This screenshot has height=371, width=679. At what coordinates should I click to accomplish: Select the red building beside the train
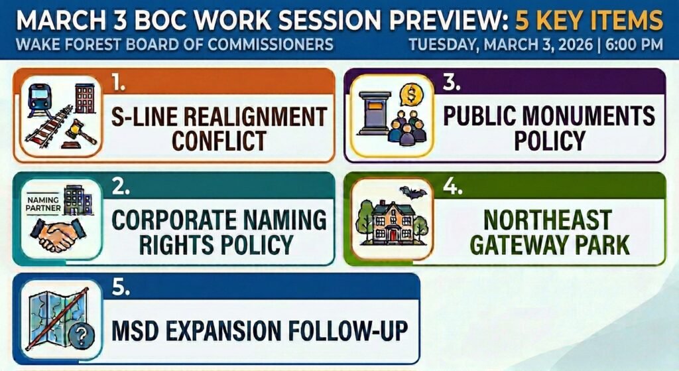[85, 98]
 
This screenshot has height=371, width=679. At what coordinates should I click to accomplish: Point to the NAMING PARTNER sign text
[43, 204]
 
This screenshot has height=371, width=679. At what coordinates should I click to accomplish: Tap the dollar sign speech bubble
[411, 94]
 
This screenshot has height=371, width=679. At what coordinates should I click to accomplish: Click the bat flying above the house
[412, 192]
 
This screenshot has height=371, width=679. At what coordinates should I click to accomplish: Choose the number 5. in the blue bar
[121, 287]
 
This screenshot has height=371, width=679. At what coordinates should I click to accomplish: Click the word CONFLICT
[219, 141]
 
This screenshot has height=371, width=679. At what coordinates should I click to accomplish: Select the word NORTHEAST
[548, 220]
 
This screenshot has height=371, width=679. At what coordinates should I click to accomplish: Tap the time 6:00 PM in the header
[635, 44]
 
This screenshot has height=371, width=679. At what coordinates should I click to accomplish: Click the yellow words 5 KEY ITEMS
[589, 21]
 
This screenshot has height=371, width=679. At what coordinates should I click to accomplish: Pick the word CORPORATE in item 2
[170, 220]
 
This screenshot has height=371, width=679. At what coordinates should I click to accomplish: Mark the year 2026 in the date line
[576, 44]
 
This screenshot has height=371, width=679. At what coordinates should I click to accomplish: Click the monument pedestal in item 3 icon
[374, 113]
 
